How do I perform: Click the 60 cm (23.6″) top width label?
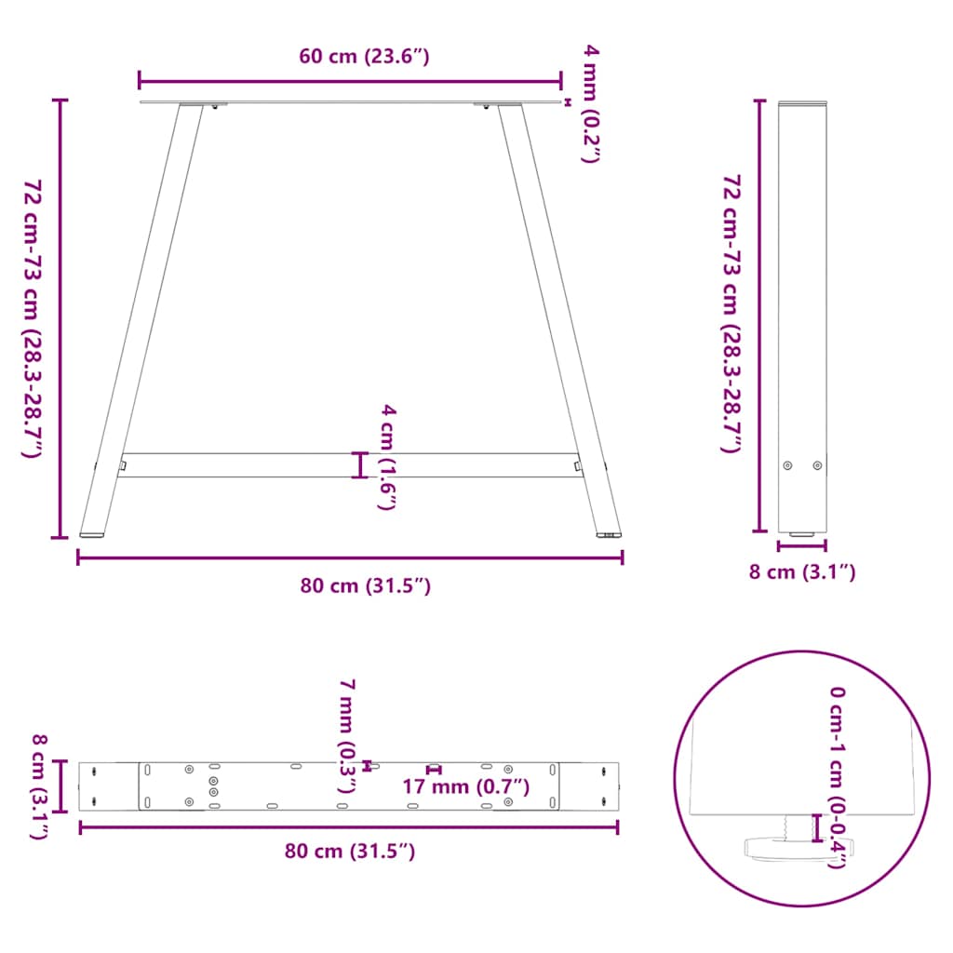point(364,57)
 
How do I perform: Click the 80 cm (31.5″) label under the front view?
point(365,586)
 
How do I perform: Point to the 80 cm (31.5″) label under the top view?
point(349,851)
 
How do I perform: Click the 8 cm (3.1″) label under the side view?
point(801,572)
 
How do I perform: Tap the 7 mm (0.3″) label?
point(346,735)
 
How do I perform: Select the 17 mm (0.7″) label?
point(465,787)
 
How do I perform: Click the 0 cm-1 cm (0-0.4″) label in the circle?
point(838,777)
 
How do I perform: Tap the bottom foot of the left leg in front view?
point(92,534)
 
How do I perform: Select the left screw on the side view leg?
point(788,465)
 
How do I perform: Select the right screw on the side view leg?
point(817,465)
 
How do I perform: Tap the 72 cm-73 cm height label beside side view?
point(732,314)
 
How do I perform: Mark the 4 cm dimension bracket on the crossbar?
point(360,464)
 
